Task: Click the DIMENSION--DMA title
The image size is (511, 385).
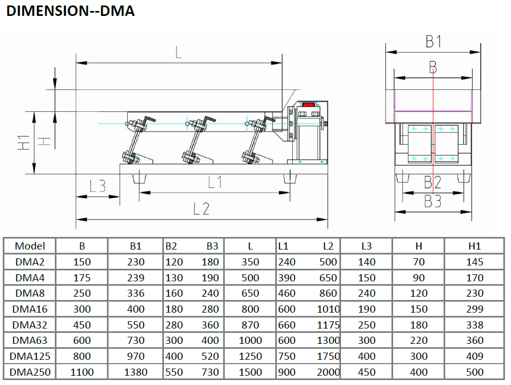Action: [70, 10]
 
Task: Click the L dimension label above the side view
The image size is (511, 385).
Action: [178, 52]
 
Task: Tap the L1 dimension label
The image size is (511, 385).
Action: [214, 182]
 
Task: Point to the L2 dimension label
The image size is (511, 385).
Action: [201, 208]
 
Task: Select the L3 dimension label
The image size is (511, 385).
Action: [97, 186]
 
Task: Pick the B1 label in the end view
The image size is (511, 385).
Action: [433, 41]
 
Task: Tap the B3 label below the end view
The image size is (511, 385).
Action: [433, 201]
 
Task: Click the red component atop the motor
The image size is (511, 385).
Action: [309, 104]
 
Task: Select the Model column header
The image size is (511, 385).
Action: [30, 246]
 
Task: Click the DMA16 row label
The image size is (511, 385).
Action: [30, 309]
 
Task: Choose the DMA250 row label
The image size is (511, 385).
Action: [30, 372]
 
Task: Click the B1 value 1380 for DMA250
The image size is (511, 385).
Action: [135, 372]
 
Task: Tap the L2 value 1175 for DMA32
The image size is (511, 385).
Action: [328, 325]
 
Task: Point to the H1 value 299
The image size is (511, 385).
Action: [474, 309]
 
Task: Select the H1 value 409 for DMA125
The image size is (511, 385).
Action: [474, 356]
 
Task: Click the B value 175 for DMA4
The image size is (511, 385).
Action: [82, 278]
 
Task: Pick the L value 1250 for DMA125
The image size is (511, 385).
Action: [251, 356]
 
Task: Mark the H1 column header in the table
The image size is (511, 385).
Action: [474, 246]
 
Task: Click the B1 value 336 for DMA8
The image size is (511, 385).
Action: [135, 293]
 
